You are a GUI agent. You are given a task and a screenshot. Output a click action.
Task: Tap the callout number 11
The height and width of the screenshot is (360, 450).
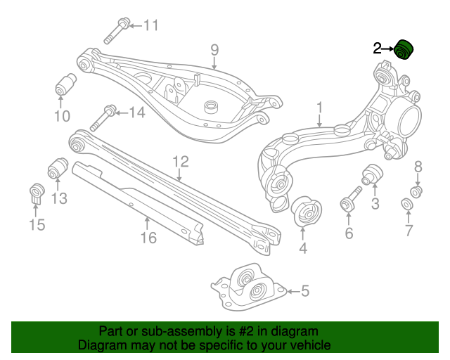[x=151, y=26]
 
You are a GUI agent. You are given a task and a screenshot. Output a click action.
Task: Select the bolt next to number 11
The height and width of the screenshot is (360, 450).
[x=117, y=30]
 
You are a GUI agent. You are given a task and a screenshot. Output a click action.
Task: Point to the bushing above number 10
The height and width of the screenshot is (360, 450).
[x=65, y=84]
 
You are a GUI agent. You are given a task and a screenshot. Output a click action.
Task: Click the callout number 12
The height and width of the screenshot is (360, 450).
[x=181, y=162]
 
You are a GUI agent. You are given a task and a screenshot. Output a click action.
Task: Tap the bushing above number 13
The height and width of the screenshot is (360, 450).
[x=57, y=169]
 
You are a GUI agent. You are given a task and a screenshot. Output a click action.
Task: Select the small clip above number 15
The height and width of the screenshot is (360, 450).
[x=37, y=193]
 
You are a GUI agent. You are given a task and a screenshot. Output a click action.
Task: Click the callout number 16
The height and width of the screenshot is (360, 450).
[x=148, y=238]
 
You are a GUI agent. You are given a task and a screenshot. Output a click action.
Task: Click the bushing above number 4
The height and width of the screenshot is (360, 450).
[x=304, y=210]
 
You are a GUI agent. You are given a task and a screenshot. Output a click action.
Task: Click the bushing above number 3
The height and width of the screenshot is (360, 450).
[x=371, y=174]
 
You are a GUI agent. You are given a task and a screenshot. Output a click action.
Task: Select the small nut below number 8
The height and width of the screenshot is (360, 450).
[x=416, y=191]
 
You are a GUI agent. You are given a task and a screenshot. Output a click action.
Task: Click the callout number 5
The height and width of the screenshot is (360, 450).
[x=304, y=290]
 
